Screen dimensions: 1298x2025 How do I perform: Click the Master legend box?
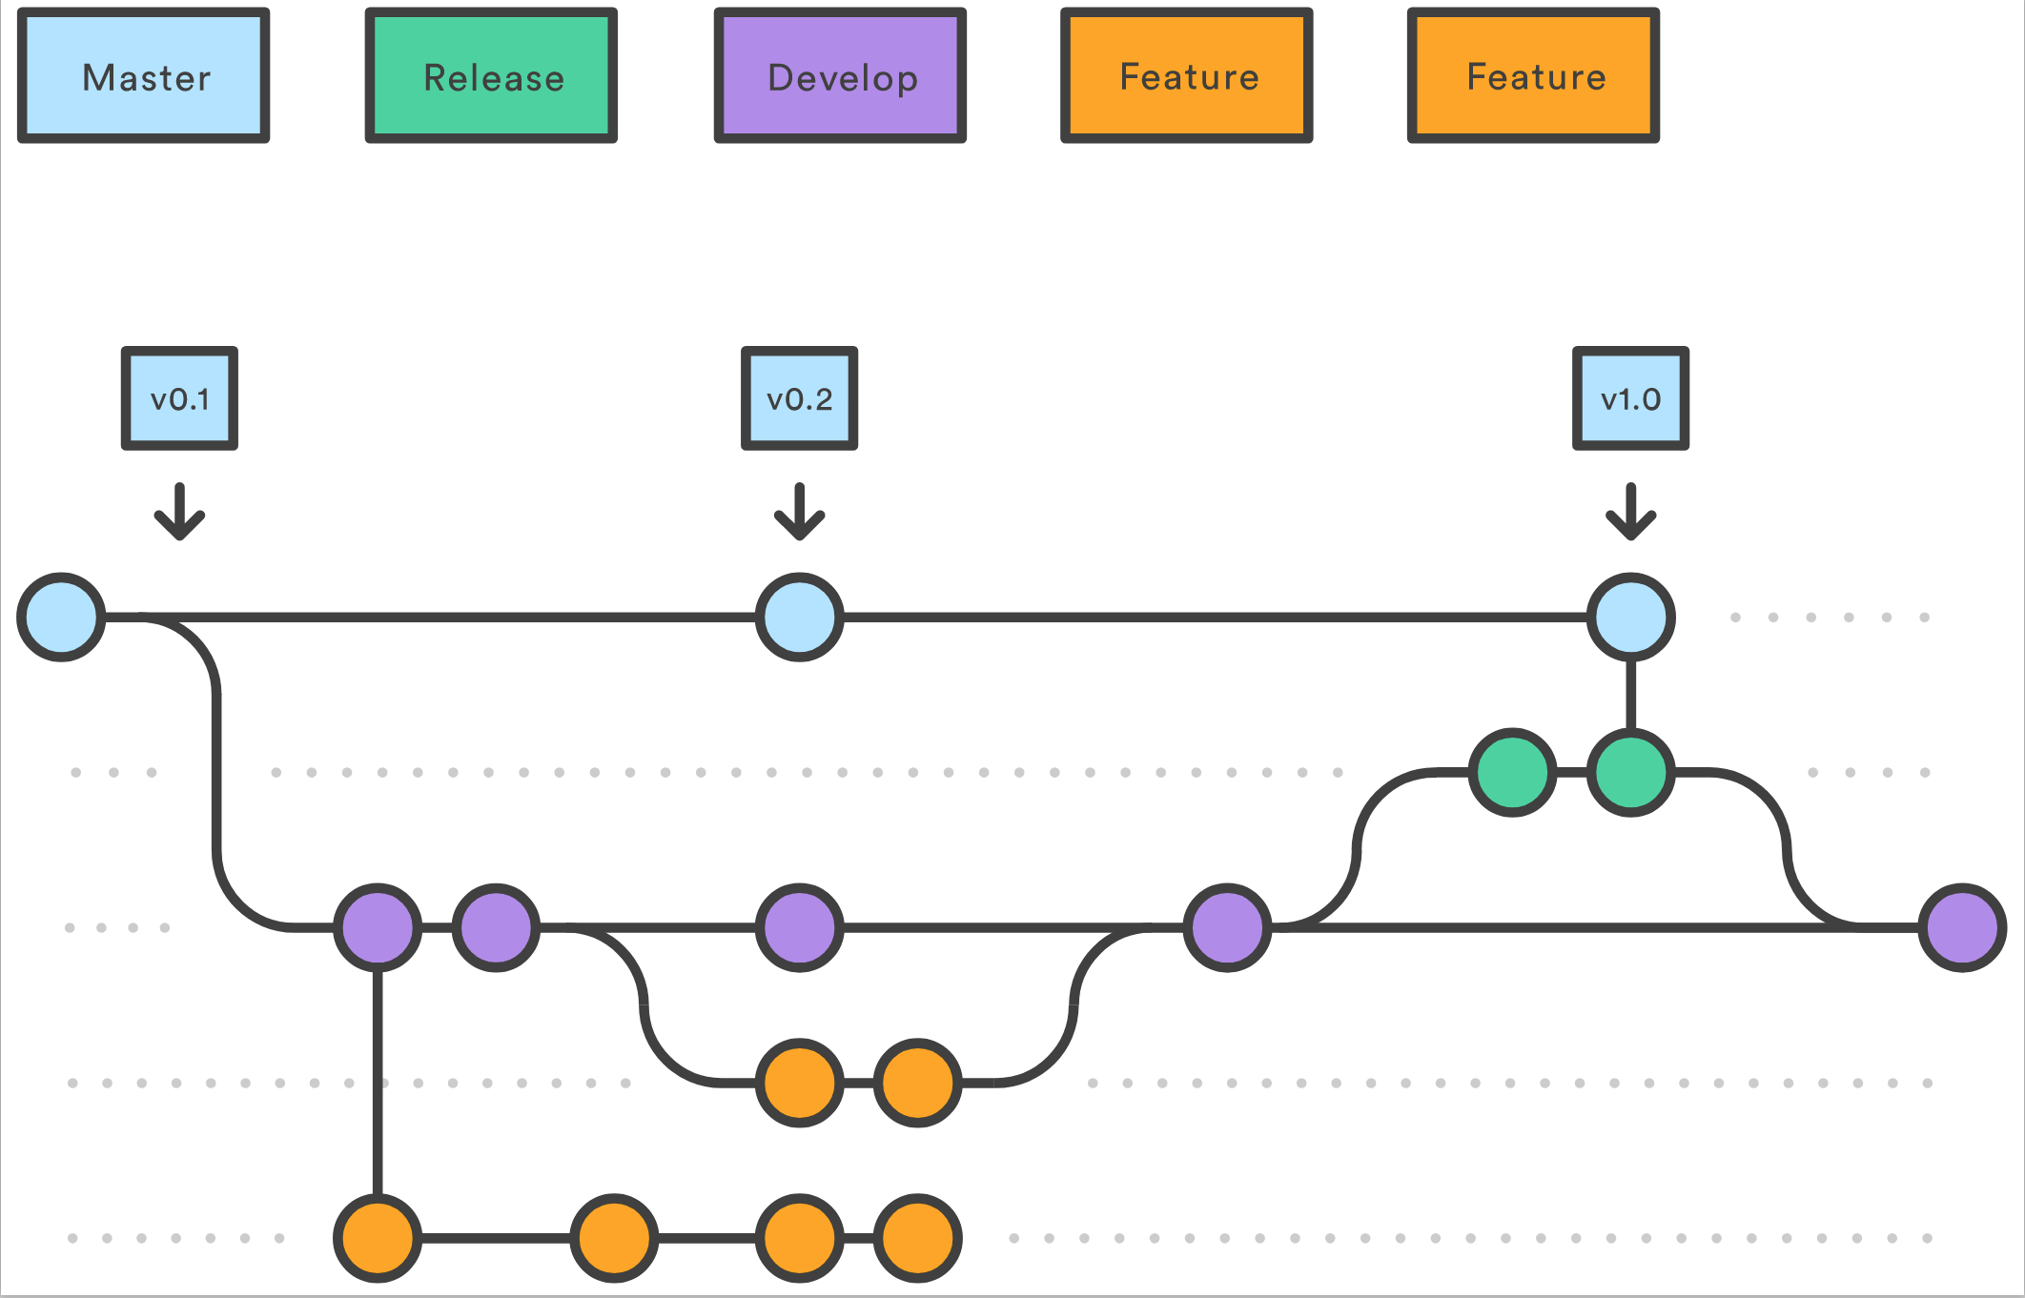(x=144, y=76)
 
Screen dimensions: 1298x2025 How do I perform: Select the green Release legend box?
(x=492, y=76)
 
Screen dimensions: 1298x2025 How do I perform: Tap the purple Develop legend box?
(x=840, y=76)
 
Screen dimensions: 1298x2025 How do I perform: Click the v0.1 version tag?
(x=179, y=398)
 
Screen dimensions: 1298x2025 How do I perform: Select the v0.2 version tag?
(x=800, y=398)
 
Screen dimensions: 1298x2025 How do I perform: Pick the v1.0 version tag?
(x=1630, y=398)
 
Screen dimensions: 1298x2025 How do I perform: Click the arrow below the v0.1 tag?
(x=179, y=513)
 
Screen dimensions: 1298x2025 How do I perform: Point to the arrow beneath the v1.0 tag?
(x=1630, y=513)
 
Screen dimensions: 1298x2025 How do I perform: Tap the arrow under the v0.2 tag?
(x=800, y=513)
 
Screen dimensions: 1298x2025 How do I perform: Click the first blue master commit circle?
(x=61, y=618)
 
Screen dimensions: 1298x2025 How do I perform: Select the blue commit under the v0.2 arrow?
(x=800, y=618)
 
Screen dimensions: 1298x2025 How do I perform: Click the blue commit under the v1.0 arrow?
(x=1630, y=618)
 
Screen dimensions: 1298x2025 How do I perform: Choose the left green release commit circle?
(x=1512, y=773)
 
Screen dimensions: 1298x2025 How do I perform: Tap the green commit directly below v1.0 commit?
(x=1630, y=773)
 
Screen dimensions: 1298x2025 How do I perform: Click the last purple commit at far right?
(x=1962, y=927)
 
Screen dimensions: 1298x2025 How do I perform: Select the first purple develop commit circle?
(x=378, y=927)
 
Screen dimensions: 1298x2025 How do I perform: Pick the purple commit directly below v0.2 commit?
(x=800, y=927)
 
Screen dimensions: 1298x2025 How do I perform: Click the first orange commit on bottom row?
(x=378, y=1238)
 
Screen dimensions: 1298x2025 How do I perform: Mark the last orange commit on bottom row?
(x=918, y=1238)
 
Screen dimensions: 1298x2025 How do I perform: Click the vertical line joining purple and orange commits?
(x=378, y=1083)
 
